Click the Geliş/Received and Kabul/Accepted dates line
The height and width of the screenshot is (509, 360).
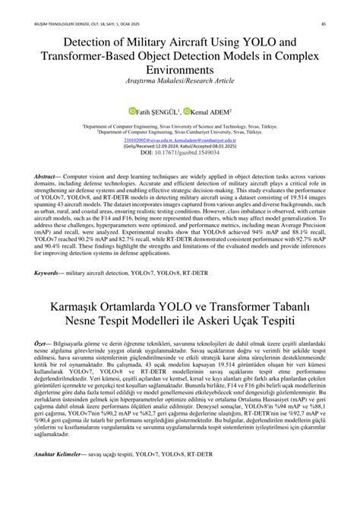[180, 146]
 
